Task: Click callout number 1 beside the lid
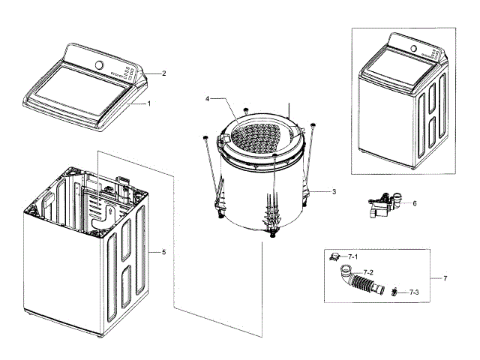149,103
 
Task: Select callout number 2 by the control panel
163,73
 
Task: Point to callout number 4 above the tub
208,98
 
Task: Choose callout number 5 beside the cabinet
163,252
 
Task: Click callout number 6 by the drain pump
414,202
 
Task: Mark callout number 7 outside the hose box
445,278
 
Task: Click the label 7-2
368,271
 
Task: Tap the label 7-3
413,291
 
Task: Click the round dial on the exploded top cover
97,64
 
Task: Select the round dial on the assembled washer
412,49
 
